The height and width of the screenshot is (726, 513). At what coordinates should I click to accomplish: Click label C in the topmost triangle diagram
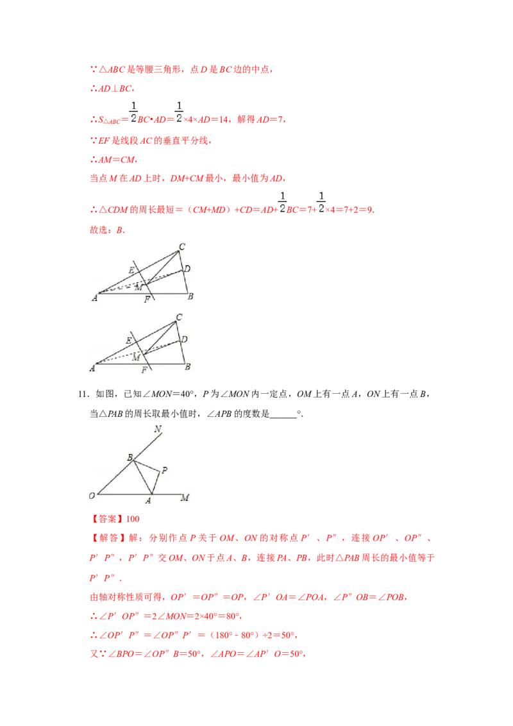click(182, 246)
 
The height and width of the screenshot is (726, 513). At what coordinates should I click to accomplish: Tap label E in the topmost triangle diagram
click(131, 270)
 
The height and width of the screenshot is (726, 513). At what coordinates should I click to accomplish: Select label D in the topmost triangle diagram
click(187, 269)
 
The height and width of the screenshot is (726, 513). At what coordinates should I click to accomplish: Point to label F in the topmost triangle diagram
click(147, 300)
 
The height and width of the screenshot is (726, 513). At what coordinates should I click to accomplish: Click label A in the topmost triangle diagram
click(94, 297)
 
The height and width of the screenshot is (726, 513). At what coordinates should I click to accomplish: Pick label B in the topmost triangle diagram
click(190, 296)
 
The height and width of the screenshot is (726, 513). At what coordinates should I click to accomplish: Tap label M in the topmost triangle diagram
click(137, 287)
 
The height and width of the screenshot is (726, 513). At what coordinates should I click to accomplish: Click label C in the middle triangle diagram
click(179, 317)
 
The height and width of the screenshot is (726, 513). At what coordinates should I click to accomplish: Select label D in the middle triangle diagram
click(185, 339)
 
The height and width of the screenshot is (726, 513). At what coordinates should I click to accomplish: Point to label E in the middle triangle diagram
click(129, 340)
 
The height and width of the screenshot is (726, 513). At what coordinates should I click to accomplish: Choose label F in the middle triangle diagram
click(144, 370)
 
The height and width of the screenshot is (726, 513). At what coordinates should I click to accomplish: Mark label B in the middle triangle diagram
click(187, 367)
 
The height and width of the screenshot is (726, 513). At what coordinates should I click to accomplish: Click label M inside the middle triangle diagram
click(135, 357)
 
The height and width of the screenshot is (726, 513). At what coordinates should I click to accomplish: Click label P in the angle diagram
click(164, 471)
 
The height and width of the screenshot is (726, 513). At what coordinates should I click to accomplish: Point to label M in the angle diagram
click(185, 498)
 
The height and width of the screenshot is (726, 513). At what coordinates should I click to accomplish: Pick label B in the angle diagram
click(130, 458)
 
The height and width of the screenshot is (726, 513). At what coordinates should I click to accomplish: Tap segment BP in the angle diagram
click(146, 465)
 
